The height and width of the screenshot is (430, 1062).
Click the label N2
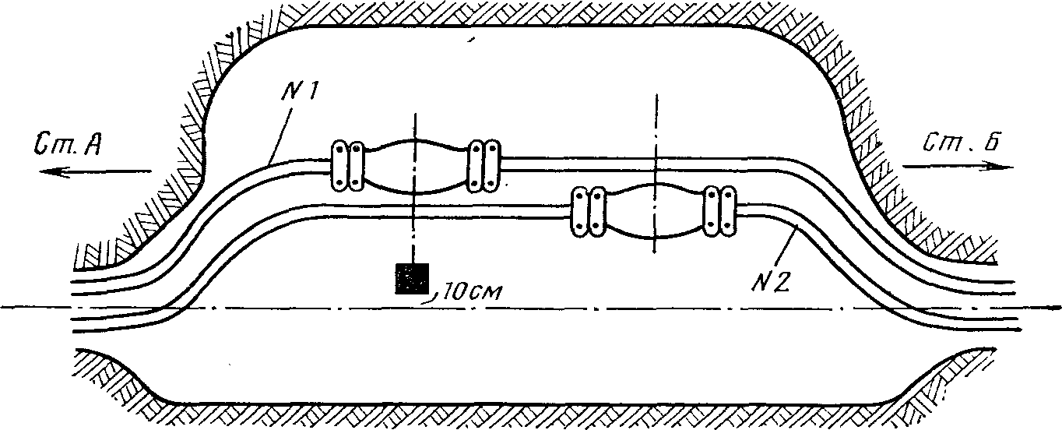[x=771, y=283]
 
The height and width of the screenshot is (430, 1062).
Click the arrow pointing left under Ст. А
[x=95, y=171]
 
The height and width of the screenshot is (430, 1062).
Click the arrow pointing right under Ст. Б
[x=958, y=167]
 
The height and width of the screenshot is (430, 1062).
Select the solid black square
[x=412, y=279]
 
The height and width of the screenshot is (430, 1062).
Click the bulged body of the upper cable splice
[x=415, y=166]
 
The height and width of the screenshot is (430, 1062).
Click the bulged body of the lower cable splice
[x=654, y=210]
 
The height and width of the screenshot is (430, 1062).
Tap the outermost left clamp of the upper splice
[x=339, y=165]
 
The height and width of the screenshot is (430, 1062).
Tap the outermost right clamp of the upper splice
[x=492, y=165]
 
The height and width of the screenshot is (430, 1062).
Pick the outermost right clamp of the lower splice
[x=728, y=210]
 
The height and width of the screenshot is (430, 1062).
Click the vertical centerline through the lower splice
[x=656, y=174]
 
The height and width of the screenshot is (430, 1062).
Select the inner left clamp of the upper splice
[x=356, y=165]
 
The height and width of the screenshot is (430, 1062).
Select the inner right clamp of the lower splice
[x=712, y=210]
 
